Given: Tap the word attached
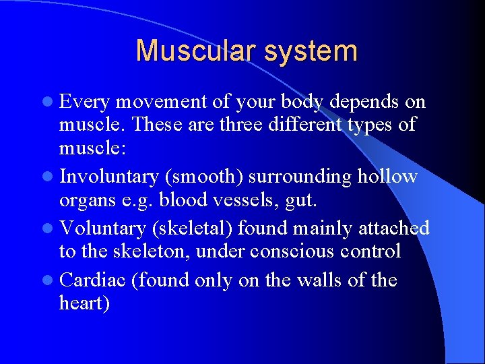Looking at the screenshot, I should click(x=395, y=229).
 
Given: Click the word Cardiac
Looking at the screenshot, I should click(x=92, y=280).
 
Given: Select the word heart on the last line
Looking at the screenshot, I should click(x=82, y=304).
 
